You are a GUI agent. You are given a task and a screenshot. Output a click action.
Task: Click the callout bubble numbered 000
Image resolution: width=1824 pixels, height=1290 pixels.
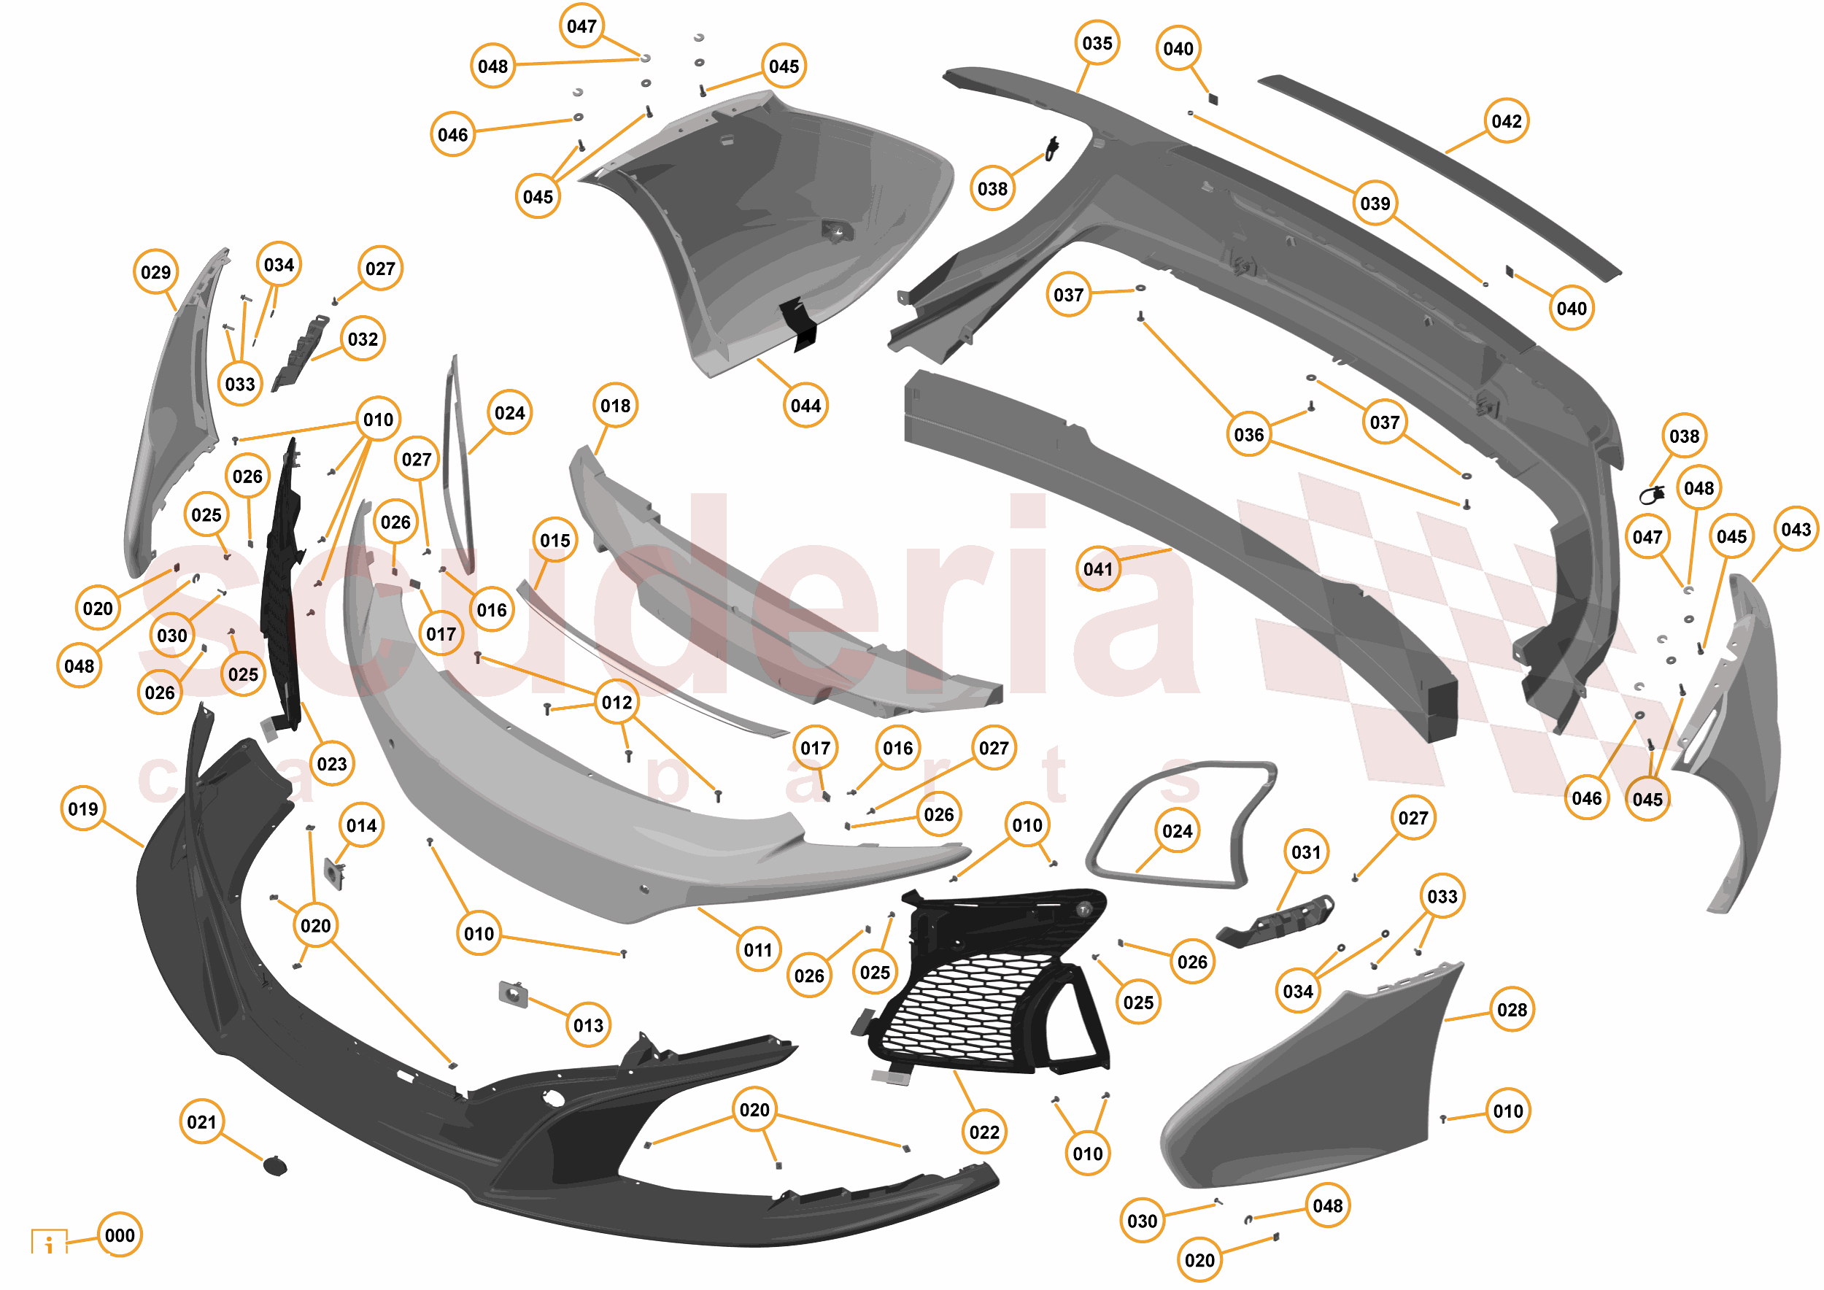coord(119,1235)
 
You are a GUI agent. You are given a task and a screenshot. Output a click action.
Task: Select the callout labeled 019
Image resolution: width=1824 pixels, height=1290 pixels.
coord(83,808)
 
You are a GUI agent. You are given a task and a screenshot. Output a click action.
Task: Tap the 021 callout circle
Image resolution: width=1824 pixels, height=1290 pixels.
coord(202,1121)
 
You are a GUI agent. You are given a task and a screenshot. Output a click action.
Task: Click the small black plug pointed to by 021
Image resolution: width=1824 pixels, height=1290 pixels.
coord(275,1166)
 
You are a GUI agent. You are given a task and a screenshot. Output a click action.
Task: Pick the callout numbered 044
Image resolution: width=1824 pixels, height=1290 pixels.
coord(805,406)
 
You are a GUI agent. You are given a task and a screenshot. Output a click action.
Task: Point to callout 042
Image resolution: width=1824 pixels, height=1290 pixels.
coord(1506,122)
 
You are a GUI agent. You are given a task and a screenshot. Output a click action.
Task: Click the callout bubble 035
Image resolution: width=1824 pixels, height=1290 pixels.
coord(1097,43)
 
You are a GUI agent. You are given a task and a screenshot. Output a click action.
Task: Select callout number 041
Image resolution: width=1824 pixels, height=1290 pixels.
coord(1098,568)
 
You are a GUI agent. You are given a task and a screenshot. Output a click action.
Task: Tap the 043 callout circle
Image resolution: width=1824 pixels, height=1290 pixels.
coord(1796,529)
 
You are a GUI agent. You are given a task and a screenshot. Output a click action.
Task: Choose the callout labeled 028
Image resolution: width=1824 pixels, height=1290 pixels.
coord(1512,1010)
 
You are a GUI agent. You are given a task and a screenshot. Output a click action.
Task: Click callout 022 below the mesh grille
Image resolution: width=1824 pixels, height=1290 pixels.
coord(984,1132)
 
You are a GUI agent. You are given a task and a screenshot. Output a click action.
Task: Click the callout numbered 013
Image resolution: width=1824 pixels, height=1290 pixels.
coord(589,1024)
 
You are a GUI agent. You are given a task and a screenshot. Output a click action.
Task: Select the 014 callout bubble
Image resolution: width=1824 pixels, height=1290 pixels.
coord(361,825)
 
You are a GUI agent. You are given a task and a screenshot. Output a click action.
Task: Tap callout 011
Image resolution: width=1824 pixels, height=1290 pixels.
coord(758,950)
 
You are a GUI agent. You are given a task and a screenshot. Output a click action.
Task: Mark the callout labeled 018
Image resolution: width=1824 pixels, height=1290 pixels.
coord(616,406)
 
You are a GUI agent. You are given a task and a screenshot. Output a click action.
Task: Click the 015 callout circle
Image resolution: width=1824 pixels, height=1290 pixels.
coord(554,540)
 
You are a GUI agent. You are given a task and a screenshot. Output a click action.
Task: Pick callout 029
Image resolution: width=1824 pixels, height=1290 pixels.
coord(155,272)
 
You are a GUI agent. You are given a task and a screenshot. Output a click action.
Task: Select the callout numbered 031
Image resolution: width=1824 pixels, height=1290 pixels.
coord(1306,852)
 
